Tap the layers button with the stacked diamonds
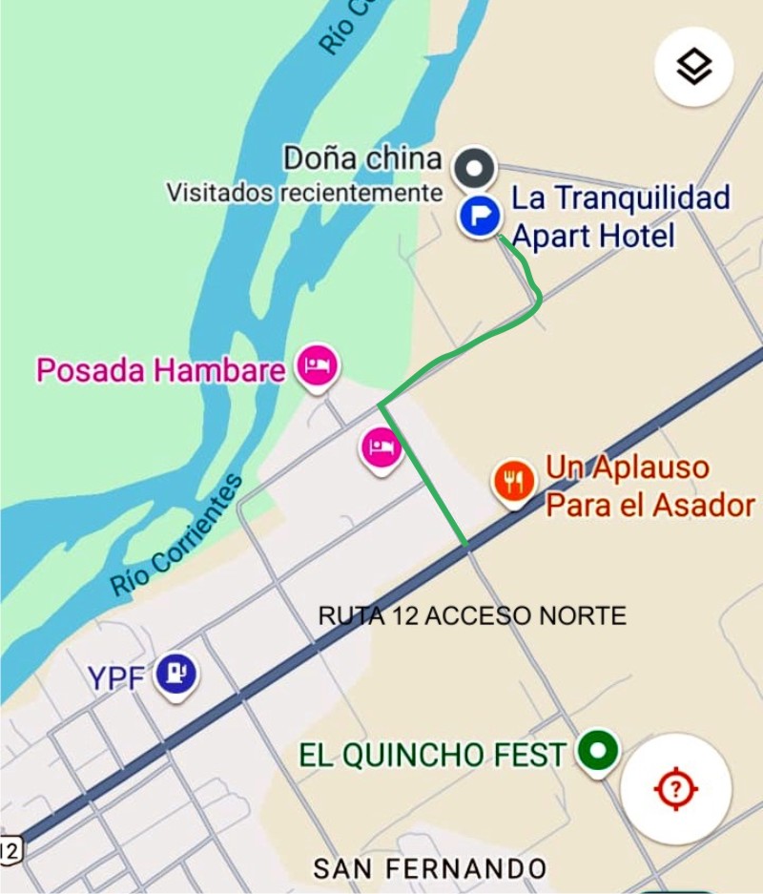693,67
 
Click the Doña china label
362,158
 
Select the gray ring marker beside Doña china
474,169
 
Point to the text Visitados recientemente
304,193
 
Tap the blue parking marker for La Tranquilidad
479,217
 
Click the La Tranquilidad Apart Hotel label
620,217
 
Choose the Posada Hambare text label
160,370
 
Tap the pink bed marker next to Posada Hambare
316,365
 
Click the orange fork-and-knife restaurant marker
515,481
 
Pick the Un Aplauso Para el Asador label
650,487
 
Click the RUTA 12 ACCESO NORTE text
472,616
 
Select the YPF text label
116,677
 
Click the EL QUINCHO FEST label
432,756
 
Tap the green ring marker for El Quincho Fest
598,752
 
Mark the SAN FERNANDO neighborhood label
430,868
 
